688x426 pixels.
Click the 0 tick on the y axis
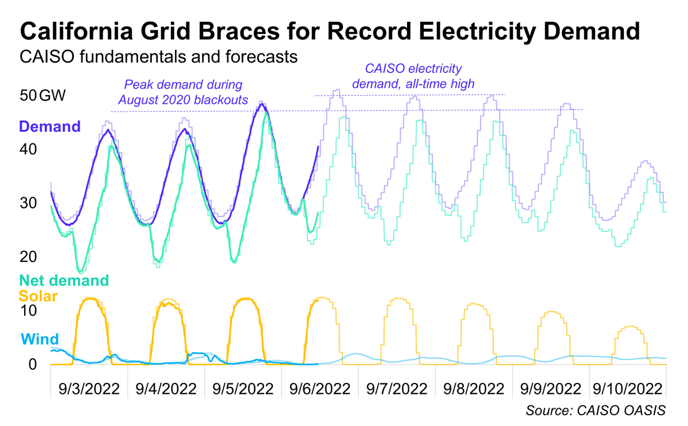pos(33,365)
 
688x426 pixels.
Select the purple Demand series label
pos(50,126)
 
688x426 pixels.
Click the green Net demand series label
pos(64,280)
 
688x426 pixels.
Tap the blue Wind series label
pos(40,338)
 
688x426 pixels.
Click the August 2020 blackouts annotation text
pos(183,100)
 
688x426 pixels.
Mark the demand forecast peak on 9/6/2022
pos(337,91)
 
